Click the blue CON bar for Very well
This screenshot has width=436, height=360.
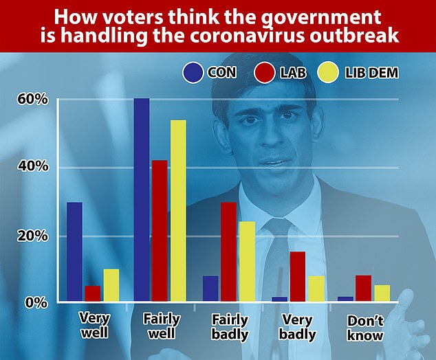pos(74,252)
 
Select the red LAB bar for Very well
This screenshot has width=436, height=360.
pos(92,293)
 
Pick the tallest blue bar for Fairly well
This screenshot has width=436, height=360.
pos(142,200)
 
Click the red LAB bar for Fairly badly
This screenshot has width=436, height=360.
pos(228,252)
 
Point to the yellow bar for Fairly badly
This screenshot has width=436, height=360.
pos(246,262)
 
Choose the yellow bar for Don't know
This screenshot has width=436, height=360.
pos(382,293)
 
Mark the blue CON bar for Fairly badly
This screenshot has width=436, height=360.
pos(210,289)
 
